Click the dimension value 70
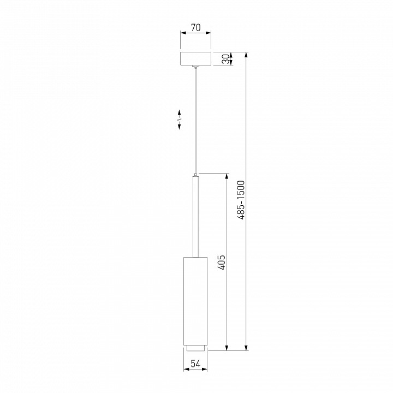(195, 26)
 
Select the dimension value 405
(221, 262)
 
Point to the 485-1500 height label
(241, 201)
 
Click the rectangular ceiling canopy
(195, 59)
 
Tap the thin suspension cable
(195, 120)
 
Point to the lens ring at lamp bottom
(195, 347)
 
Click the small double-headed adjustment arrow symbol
(180, 120)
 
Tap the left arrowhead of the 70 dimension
(183, 33)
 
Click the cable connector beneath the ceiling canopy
(195, 68)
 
